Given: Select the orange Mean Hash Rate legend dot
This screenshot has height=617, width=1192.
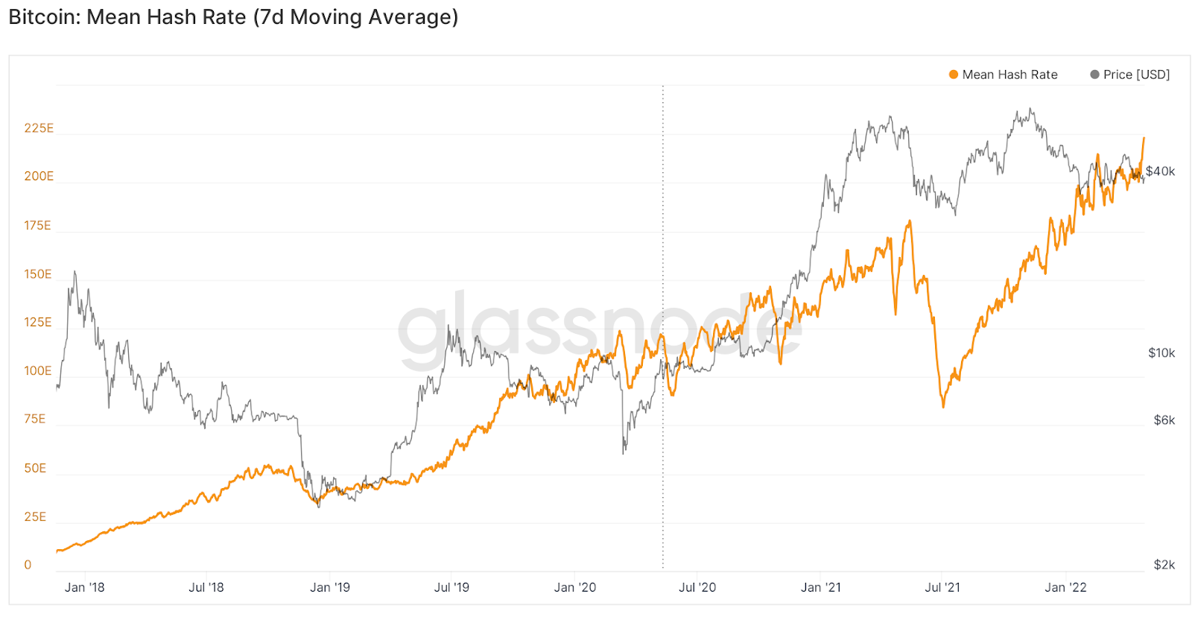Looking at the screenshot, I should tap(953, 75).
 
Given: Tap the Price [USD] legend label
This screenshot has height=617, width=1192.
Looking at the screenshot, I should tap(1136, 75).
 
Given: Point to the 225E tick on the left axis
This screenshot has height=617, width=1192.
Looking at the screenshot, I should tap(39, 128).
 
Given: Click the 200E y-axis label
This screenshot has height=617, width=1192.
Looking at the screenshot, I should tap(39, 177).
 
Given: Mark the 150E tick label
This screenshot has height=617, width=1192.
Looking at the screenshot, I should tap(38, 274).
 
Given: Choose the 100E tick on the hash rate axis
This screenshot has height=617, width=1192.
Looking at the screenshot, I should tap(38, 371).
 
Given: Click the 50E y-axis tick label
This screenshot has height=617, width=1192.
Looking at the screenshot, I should tap(35, 469).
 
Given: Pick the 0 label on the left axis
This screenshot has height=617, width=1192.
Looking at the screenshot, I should tap(28, 565).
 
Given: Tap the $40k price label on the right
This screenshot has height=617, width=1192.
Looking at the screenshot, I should tap(1160, 171).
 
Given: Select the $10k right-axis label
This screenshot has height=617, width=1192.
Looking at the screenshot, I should tap(1161, 353).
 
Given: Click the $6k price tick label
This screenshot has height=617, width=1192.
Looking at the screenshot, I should tap(1164, 420).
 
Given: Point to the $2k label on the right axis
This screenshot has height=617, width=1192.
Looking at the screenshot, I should tap(1164, 565).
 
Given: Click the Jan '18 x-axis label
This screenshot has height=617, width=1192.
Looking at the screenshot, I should tap(84, 587).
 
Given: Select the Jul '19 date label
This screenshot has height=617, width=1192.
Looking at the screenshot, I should tap(451, 587).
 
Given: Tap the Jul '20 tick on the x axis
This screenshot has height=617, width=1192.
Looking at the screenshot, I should tap(697, 587).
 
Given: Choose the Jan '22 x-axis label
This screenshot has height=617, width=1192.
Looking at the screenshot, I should tap(1065, 587).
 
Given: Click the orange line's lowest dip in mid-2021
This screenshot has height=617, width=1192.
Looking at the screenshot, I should tap(943, 407).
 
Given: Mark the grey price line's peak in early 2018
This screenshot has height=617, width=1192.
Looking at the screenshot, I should tap(74, 272).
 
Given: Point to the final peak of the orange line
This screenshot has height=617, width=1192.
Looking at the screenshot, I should tap(1144, 138).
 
